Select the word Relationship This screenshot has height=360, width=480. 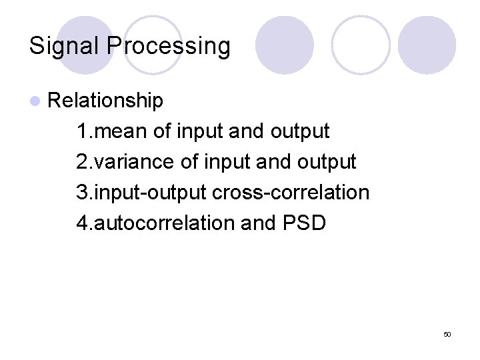[105, 100]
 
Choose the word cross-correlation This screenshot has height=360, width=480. [290, 192]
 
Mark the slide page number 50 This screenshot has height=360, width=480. [447, 333]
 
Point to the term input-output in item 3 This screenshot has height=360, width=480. [151, 192]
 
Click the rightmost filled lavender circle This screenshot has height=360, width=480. [427, 45]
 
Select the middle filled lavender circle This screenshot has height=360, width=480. [285, 45]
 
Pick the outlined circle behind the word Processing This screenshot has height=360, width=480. [153, 45]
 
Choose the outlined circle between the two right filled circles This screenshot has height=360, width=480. [361, 45]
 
